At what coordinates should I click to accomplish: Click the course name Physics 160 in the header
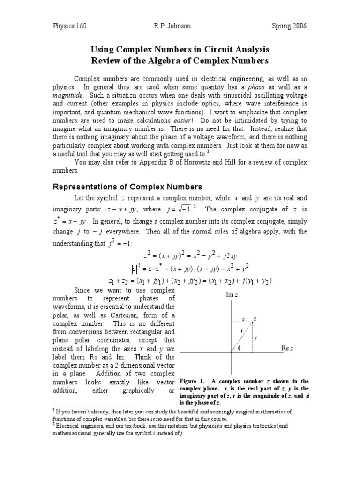click(x=69, y=26)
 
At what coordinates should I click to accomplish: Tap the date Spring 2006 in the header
click(x=289, y=26)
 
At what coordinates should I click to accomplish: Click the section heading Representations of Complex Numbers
click(x=127, y=186)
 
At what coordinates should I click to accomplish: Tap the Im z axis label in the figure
click(x=233, y=295)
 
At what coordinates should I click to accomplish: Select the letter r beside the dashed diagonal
click(x=241, y=330)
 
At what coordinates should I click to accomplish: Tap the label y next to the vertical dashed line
click(x=256, y=337)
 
